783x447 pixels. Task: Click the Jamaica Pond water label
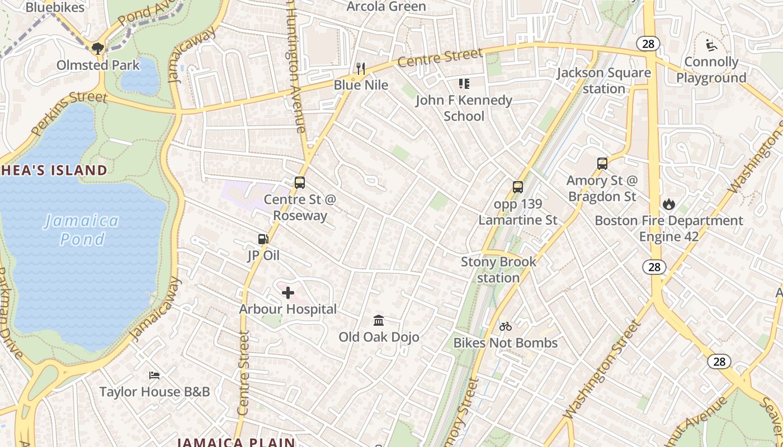point(82,230)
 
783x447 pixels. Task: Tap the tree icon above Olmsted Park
point(98,48)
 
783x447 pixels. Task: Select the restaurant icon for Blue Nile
point(361,69)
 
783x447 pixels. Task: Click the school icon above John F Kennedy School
point(464,84)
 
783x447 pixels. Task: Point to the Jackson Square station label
point(604,80)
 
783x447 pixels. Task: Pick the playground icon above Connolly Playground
point(711,45)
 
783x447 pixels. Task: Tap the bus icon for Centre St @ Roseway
point(300,183)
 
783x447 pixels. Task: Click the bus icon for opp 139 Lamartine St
point(518,187)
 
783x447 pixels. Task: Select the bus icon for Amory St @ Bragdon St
point(602,164)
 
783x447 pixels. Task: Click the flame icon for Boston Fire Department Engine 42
point(669,204)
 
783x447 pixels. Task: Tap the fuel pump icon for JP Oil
point(263,239)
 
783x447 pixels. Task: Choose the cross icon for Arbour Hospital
point(288,292)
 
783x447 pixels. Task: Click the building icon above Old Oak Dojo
point(379,320)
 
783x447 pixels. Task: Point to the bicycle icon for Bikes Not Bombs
point(506,326)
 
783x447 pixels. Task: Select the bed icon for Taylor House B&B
point(154,375)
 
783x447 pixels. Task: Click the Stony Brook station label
point(498,269)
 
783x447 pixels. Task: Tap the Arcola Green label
point(386,7)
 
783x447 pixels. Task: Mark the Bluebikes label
point(55,7)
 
